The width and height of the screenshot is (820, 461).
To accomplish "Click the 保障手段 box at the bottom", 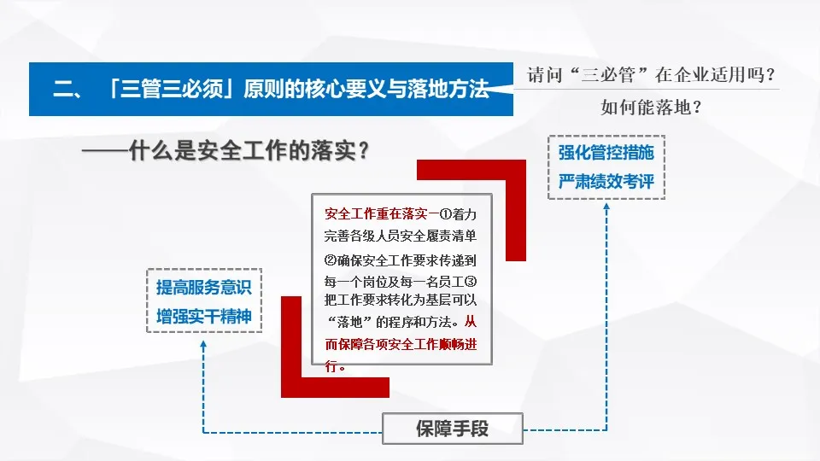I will (452, 429).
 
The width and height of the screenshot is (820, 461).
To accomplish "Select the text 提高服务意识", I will (204, 288).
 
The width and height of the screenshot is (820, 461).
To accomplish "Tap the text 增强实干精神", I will (204, 318).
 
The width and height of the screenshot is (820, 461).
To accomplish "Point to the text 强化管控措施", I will (606, 153).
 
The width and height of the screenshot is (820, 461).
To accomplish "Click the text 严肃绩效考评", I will (606, 183).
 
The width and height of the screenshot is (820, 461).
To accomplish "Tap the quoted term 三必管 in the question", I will (608, 75).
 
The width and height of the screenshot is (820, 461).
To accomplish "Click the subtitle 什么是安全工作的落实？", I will (249, 152).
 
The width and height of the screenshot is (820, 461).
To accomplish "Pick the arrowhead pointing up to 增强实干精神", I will (203, 345).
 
